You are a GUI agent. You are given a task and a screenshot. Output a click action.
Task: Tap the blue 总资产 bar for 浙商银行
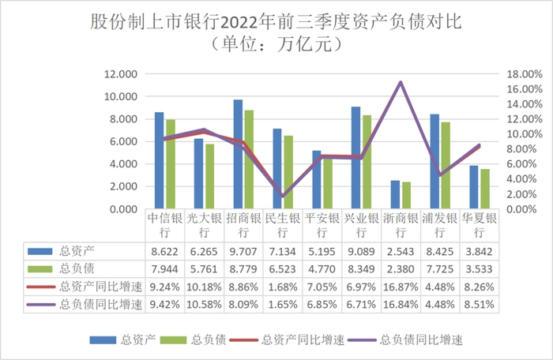(395, 195)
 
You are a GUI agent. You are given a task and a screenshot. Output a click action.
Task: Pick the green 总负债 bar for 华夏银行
(484, 189)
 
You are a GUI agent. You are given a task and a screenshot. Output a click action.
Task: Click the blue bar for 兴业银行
(356, 158)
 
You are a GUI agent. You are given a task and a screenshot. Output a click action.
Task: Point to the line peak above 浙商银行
(401, 82)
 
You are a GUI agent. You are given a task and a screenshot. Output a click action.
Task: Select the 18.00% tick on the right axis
(524, 74)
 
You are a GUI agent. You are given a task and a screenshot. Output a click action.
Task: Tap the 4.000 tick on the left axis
(123, 164)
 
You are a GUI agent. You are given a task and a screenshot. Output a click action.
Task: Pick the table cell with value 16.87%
(400, 287)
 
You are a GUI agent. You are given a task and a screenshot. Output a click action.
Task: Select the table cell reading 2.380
(400, 269)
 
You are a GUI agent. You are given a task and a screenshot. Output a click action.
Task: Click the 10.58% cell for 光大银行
(204, 305)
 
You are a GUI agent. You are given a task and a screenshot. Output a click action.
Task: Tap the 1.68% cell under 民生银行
(282, 287)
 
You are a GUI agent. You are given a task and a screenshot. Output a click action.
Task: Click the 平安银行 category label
(322, 226)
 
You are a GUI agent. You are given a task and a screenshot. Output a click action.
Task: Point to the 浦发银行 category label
(439, 226)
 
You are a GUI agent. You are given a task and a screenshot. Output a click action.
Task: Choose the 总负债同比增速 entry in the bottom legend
(418, 340)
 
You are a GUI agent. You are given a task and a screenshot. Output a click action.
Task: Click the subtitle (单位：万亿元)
(276, 43)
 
